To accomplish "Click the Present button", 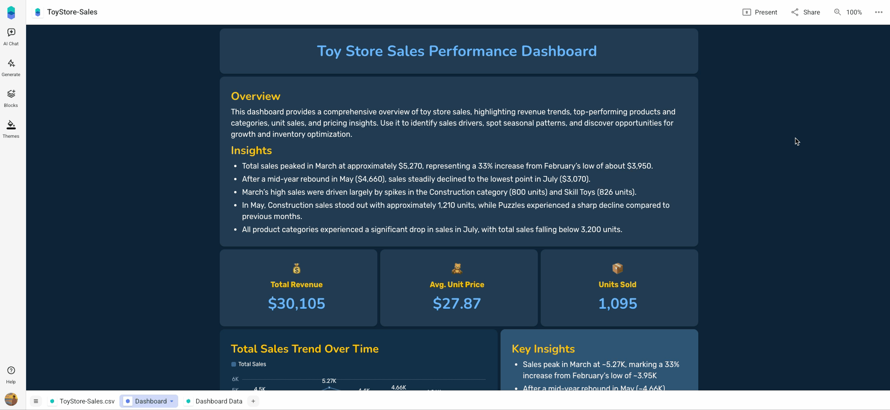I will tap(760, 12).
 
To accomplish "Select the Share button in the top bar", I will tap(806, 12).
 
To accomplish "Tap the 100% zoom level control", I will tap(848, 12).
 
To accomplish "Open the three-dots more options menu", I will tap(879, 12).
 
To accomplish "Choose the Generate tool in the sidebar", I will tap(11, 67).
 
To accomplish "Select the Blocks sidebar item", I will tap(11, 98).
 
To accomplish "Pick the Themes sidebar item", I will tap(11, 129).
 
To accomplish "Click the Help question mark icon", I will tap(11, 371).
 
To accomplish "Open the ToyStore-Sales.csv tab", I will tap(82, 401).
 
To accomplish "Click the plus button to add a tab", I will tap(253, 401).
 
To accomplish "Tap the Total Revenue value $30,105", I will tap(297, 304).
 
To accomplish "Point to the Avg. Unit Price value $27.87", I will tap(457, 304).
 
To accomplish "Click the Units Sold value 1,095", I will tap(618, 304).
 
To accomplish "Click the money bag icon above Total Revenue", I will tap(297, 269).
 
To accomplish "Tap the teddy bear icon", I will tap(457, 269).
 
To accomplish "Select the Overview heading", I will tap(256, 96).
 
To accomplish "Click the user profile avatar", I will tap(11, 399).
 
